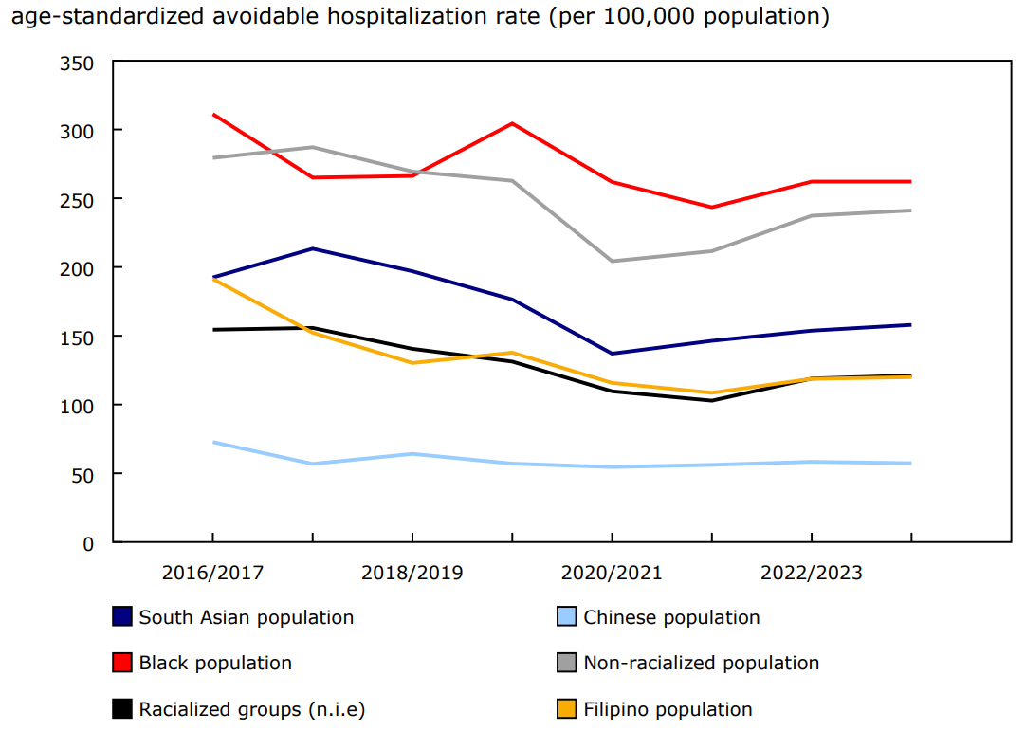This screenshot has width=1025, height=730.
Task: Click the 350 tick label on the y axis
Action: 78,64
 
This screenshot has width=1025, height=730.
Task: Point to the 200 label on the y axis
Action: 78,268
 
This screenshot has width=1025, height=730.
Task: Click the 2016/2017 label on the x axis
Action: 212,574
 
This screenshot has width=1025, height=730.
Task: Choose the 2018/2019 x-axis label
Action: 412,574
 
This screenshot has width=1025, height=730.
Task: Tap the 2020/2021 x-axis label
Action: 612,574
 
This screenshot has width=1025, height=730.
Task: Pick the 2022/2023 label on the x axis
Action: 812,574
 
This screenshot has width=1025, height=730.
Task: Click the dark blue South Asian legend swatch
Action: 121,617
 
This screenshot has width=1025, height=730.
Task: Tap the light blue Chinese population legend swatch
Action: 566,617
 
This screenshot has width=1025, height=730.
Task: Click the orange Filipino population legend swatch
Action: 566,709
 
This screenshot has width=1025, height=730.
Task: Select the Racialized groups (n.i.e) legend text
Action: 251,709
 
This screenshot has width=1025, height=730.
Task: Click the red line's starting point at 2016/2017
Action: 212,115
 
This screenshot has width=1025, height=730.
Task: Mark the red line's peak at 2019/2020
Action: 512,123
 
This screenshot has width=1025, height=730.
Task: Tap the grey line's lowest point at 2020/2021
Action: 612,262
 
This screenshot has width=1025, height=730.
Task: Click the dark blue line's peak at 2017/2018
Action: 313,248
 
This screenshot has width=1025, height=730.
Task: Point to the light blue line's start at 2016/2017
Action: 212,442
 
